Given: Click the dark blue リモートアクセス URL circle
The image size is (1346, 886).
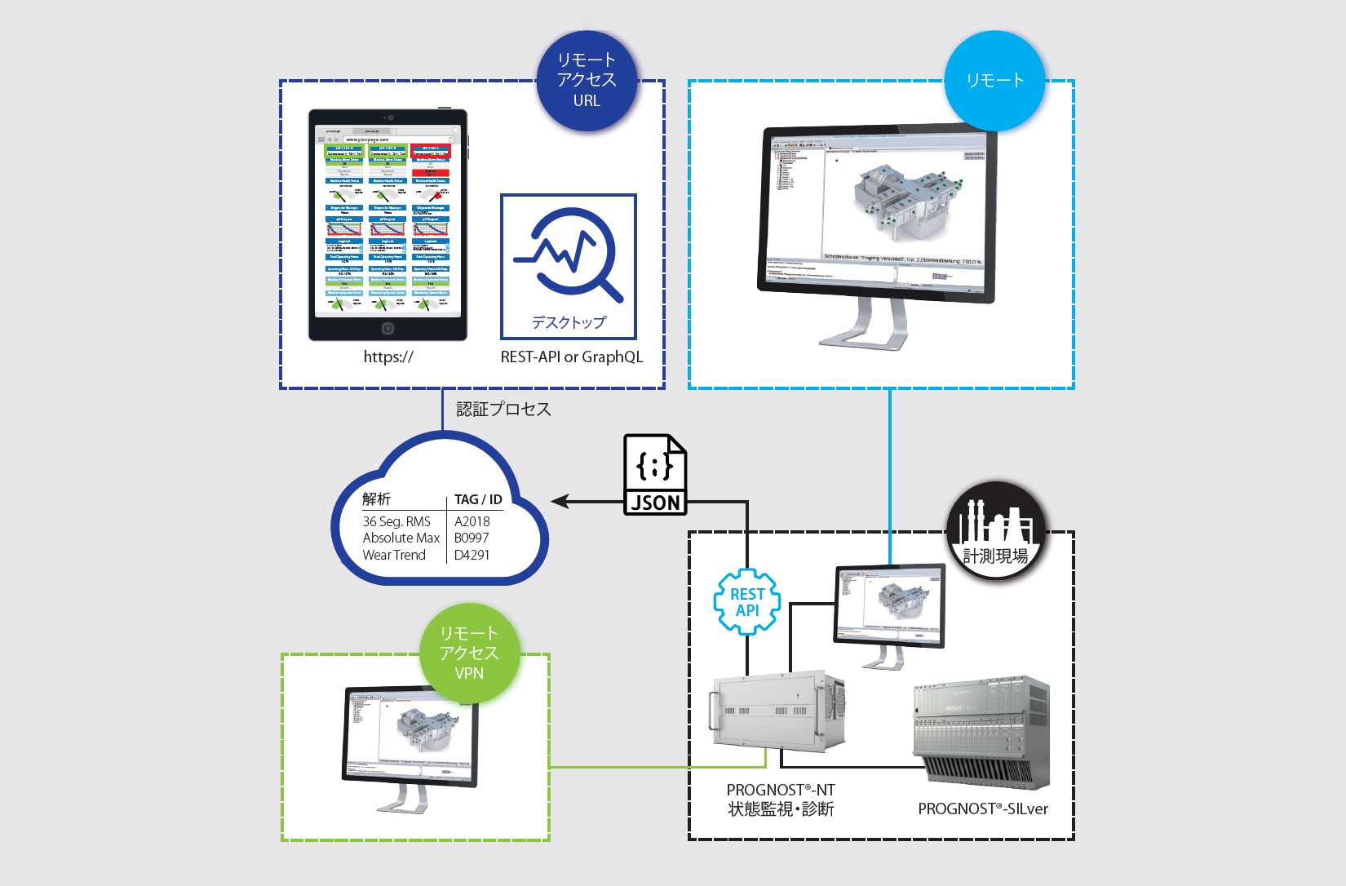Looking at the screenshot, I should click(587, 81).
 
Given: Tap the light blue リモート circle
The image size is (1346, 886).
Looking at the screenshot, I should click(994, 81).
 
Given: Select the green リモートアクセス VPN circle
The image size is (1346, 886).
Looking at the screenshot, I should click(469, 653).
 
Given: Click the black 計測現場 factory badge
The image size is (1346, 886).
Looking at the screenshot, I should click(996, 531).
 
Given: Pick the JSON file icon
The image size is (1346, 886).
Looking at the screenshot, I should click(655, 474).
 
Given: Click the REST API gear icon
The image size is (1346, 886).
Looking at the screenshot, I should click(747, 602).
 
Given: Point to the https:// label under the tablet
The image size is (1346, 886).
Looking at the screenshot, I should click(388, 357).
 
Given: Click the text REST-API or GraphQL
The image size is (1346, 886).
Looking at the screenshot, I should click(572, 357).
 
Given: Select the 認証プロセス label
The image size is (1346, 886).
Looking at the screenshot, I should click(503, 409).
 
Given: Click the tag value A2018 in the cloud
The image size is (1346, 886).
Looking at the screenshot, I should click(472, 521).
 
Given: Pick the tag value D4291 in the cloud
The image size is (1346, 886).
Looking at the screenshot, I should click(472, 555).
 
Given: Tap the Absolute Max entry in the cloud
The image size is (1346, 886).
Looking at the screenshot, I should click(401, 538).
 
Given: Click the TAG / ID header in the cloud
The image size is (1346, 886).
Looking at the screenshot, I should click(478, 499).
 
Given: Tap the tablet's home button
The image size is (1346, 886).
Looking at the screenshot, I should click(388, 328).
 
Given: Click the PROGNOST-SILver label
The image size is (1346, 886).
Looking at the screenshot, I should click(983, 808).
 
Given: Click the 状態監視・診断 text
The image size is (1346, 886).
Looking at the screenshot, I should click(781, 809).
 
